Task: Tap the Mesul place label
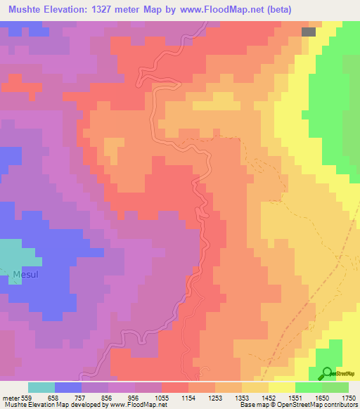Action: (25, 274)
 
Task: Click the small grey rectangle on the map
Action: (309, 32)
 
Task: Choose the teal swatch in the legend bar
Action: (41, 387)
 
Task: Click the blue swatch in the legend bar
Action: (68, 387)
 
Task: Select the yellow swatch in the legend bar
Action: (281, 387)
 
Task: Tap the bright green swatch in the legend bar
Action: (308, 387)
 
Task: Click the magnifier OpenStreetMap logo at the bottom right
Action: (327, 373)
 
